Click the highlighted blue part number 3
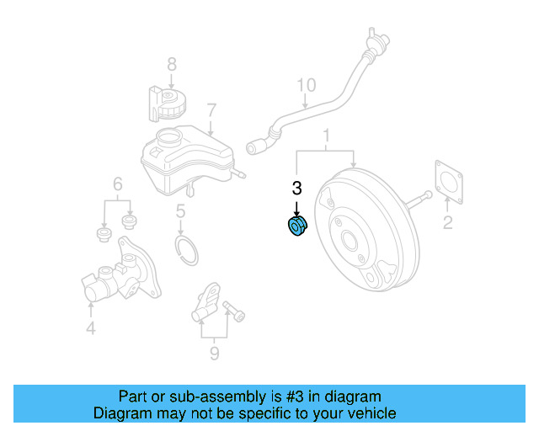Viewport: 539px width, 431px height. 296,227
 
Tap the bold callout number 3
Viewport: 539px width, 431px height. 296,189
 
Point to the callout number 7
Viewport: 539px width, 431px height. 211,109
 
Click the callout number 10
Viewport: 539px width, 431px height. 306,85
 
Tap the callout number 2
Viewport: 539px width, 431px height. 447,222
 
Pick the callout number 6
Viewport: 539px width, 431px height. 118,184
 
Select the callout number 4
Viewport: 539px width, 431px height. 90,328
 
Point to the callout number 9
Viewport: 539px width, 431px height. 214,354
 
